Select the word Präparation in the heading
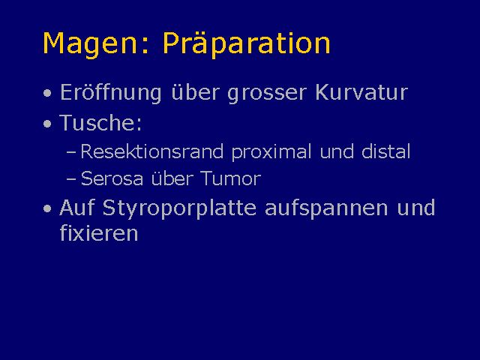[247, 43]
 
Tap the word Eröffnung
[111, 92]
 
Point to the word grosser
[267, 93]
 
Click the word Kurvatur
[361, 91]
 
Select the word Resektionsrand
[151, 151]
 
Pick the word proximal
[271, 151]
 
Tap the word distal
[385, 151]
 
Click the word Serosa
[112, 178]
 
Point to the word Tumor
[231, 178]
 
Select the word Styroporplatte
[179, 209]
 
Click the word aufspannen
[326, 209]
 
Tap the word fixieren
[99, 232]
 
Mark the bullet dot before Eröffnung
[47, 93]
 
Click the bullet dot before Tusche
[47, 124]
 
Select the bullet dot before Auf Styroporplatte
[47, 208]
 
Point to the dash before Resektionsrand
[70, 151]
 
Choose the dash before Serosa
[70, 178]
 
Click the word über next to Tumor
[172, 178]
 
